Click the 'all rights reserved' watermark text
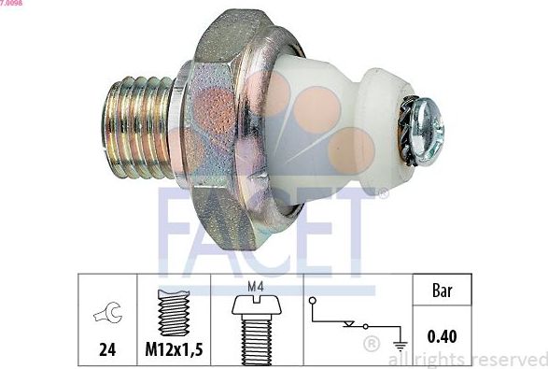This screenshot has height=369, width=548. pyautogui.click(x=466, y=358)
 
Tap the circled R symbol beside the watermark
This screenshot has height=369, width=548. pyautogui.click(x=371, y=346)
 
